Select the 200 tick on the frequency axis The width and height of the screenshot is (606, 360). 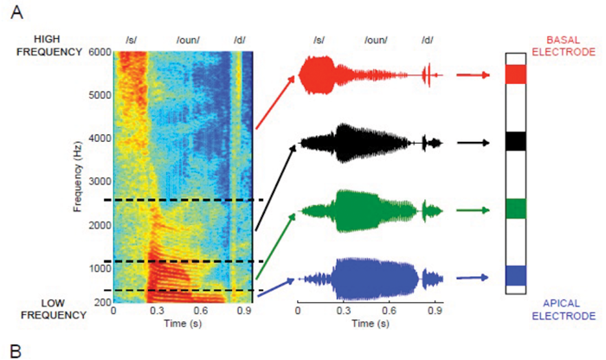(101, 302)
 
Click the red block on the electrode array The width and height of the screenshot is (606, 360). (515, 74)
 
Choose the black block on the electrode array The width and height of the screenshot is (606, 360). (515, 141)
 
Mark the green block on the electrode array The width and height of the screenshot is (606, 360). (515, 209)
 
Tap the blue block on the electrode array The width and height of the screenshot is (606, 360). (515, 276)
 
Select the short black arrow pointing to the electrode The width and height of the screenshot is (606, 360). (473, 142)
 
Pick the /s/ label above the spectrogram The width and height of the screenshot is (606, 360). (132, 41)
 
